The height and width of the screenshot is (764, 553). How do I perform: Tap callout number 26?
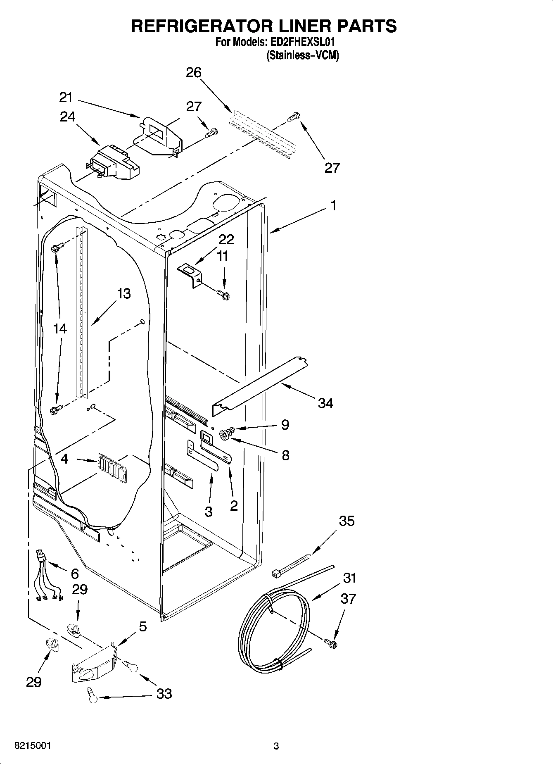pos(193,73)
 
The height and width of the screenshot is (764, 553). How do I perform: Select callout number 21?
pos(66,98)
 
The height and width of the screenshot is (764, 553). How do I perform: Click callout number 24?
pos(67,117)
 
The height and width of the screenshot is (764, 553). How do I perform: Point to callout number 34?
pos(325,403)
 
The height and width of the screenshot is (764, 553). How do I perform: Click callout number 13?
pos(123,294)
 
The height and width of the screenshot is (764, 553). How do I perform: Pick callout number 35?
pos(347,521)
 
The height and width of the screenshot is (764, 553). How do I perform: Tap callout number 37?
pos(348,598)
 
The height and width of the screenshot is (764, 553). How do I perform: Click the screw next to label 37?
pos(330,643)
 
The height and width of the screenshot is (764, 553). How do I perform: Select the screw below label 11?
pos(223,295)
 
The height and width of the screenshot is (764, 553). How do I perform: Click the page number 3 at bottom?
pos(276,746)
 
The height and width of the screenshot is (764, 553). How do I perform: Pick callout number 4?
pos(64,459)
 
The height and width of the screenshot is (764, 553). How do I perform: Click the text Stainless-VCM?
pos(302,55)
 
